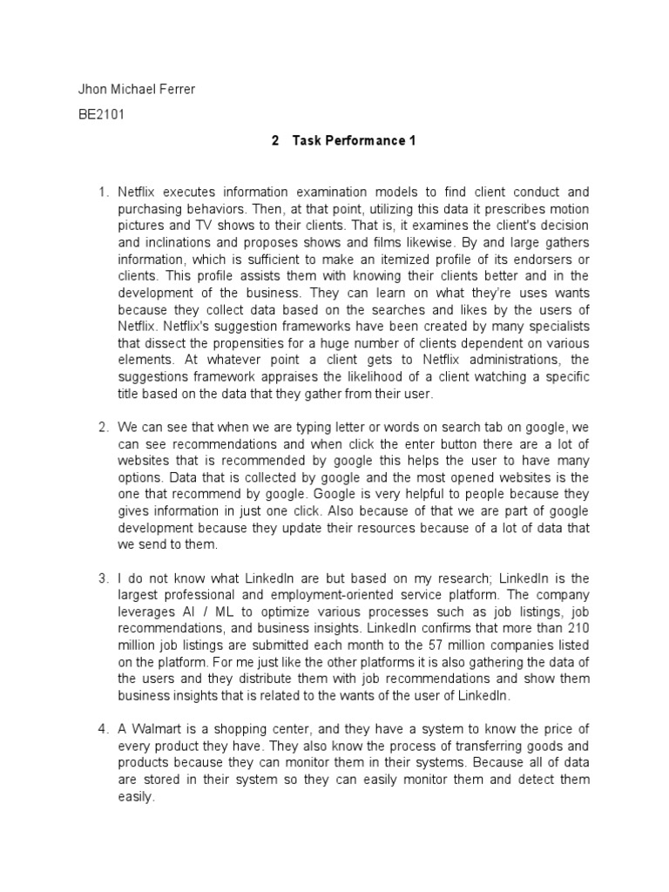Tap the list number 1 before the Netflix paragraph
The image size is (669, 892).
[102, 192]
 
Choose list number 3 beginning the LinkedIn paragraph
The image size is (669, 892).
[102, 578]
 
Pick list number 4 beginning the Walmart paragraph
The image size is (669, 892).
[102, 729]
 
